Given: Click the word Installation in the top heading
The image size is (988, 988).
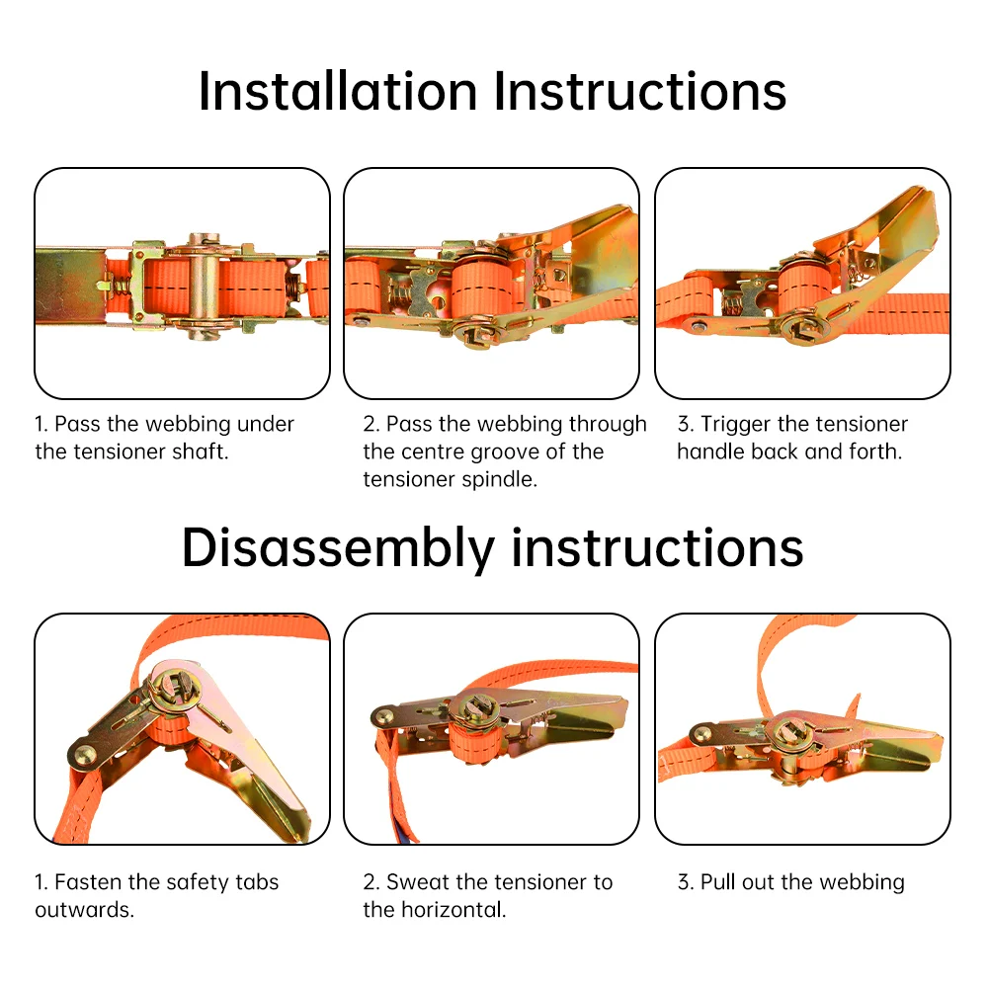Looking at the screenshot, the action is point(338,91).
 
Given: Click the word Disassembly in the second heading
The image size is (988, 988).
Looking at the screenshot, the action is point(338,548).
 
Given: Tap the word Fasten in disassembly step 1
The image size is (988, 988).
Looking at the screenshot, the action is point(88,882).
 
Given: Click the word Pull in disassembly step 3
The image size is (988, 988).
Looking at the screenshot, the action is point(718,882).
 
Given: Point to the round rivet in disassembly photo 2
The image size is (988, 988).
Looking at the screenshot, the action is point(381,716).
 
